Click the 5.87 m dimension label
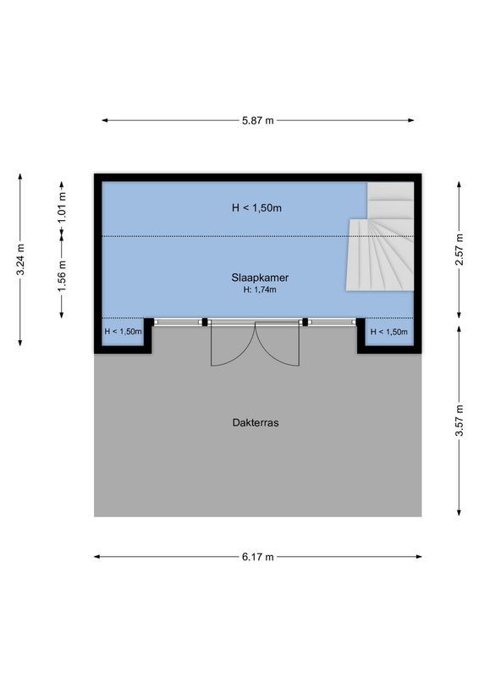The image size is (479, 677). click(x=258, y=121)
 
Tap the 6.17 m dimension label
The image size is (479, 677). click(x=258, y=557)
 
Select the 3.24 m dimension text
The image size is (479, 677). click(x=21, y=259)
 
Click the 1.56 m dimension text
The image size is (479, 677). click(x=62, y=276)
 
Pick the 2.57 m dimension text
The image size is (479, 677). click(x=459, y=250)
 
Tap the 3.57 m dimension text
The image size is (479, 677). click(x=459, y=421)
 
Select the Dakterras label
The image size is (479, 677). click(x=255, y=422)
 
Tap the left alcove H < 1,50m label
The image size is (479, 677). click(x=123, y=332)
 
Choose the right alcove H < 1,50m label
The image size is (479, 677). click(x=388, y=332)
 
